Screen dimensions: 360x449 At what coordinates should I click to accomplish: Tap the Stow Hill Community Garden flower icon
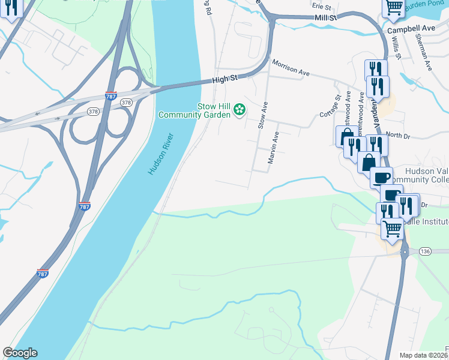[240, 109]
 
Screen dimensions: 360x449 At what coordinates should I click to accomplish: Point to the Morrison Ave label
[290, 67]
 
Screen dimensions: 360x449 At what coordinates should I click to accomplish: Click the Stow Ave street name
[262, 115]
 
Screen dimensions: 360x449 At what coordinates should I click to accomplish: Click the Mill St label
[326, 19]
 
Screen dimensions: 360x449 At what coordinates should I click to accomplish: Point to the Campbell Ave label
[411, 28]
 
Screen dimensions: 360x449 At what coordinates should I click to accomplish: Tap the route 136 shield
[425, 250]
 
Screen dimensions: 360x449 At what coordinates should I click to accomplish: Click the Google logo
[20, 353]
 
